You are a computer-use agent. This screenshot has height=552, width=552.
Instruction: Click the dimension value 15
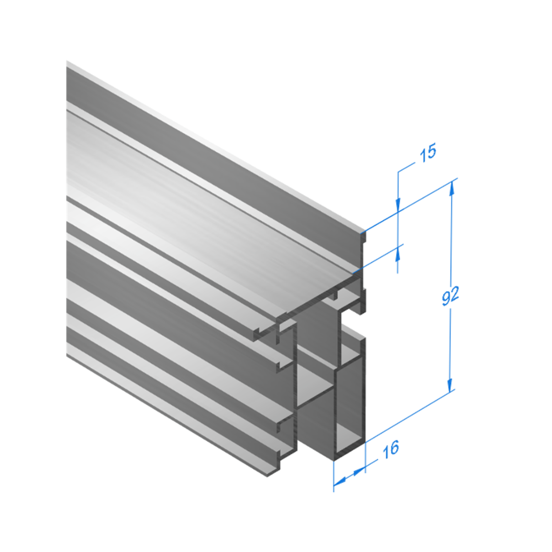pyautogui.click(x=428, y=153)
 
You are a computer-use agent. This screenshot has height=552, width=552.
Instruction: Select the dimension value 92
pyautogui.click(x=451, y=296)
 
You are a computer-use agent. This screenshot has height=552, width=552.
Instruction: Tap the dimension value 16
pyautogui.click(x=391, y=450)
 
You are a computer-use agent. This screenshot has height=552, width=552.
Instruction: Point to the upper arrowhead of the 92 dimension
pyautogui.click(x=452, y=190)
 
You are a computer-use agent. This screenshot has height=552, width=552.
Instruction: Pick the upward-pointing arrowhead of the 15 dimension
pyautogui.click(x=398, y=253)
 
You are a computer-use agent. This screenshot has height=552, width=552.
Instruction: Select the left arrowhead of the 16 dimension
pyautogui.click(x=339, y=482)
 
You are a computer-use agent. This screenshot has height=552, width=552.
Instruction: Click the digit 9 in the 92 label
pyautogui.click(x=446, y=298)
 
